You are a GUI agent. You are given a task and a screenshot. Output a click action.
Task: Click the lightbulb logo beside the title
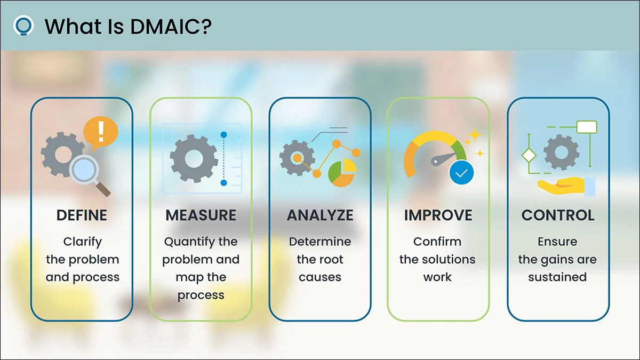point(23,26)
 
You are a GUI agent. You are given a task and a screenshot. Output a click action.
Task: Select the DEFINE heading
point(82,215)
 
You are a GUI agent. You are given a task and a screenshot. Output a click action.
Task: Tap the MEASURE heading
point(201,215)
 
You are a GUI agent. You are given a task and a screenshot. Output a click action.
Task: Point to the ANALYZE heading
point(320,215)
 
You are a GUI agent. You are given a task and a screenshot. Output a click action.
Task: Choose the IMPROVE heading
point(438,215)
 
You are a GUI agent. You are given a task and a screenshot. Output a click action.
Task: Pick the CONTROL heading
point(558,215)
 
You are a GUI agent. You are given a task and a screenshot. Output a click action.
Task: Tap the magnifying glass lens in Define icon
point(84,170)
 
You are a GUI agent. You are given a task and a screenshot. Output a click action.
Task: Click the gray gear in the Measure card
point(194,158)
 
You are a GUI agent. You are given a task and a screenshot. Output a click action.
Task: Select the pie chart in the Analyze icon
point(342,173)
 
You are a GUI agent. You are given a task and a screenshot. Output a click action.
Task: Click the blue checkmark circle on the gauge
point(461,173)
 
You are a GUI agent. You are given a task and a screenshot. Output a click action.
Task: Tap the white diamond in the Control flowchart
point(529,155)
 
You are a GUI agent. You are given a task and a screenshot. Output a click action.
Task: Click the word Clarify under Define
point(82,242)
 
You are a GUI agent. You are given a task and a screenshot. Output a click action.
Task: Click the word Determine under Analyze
point(320,242)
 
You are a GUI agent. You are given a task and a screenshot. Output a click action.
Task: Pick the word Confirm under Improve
point(437,242)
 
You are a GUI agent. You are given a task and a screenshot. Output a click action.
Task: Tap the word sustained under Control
point(557,277)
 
